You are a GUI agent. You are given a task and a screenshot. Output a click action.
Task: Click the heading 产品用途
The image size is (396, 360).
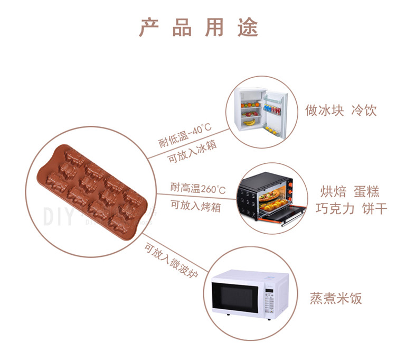click(199, 27)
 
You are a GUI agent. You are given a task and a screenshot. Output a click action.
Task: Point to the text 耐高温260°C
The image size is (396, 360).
click(197, 188)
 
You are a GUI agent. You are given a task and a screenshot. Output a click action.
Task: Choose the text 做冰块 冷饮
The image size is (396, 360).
click(341, 110)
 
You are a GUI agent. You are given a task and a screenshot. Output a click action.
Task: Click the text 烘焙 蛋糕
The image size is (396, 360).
click(350, 191)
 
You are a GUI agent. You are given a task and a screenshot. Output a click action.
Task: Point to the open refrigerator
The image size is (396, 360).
click(260, 110)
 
